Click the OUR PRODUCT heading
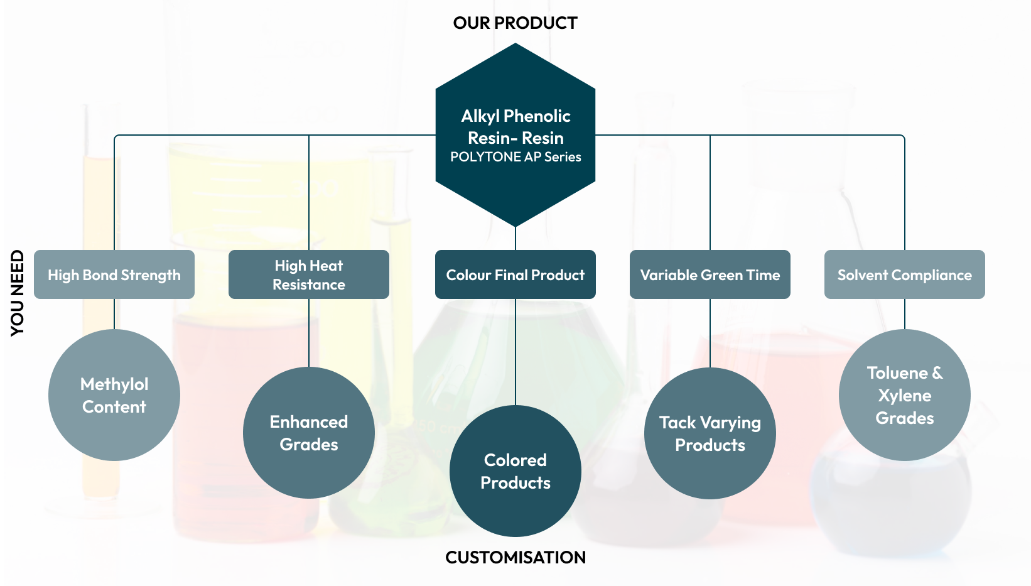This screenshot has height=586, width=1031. [515, 23]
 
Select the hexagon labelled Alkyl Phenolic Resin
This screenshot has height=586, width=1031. [515, 135]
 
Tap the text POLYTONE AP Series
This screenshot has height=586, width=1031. [515, 157]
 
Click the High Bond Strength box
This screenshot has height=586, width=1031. [114, 274]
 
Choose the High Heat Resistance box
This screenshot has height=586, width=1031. [309, 274]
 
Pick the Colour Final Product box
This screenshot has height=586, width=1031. [515, 274]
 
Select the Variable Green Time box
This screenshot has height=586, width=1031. [710, 274]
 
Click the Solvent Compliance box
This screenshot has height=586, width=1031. [905, 274]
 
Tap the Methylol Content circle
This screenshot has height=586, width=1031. [114, 395]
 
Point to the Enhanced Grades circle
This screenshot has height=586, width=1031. [309, 433]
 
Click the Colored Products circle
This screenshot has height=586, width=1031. [515, 471]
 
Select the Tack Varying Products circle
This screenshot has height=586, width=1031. [710, 433]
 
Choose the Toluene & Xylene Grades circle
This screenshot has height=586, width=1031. [905, 395]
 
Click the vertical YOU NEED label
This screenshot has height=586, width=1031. [17, 293]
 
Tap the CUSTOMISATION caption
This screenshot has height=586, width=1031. [515, 558]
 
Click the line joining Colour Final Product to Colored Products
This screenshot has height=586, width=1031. [515, 352]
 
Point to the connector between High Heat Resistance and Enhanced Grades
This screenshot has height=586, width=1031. [309, 333]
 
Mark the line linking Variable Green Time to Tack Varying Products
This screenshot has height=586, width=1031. [710, 334]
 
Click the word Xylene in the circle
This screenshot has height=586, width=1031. [905, 396]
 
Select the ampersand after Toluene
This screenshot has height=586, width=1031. [937, 373]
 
